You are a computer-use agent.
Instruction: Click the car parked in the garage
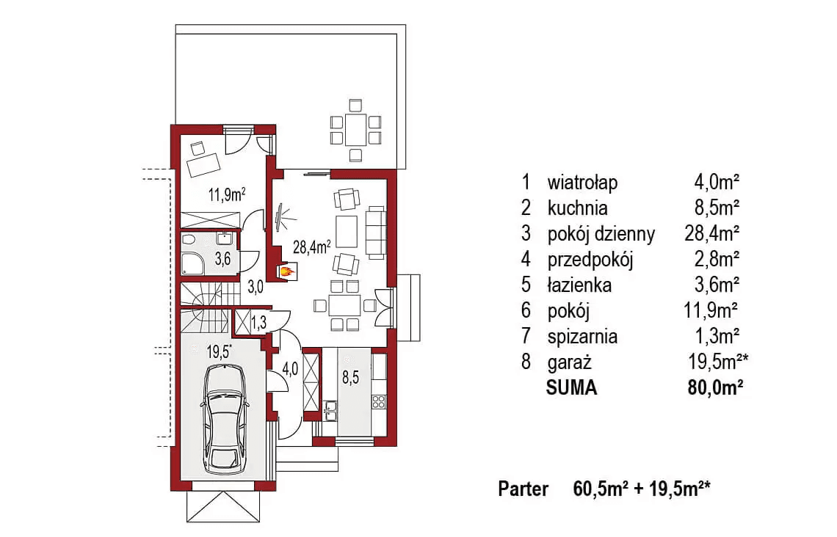[225, 418]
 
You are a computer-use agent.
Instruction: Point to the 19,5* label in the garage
[219, 352]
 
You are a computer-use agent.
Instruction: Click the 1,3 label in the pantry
[258, 321]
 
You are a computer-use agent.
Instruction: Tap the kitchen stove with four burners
[380, 401]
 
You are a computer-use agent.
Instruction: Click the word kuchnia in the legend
[577, 208]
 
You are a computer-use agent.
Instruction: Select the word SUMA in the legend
[571, 389]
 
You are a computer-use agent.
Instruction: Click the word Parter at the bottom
[523, 489]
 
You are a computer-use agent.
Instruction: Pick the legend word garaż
[569, 362]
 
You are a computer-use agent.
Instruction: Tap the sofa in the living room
[375, 232]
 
